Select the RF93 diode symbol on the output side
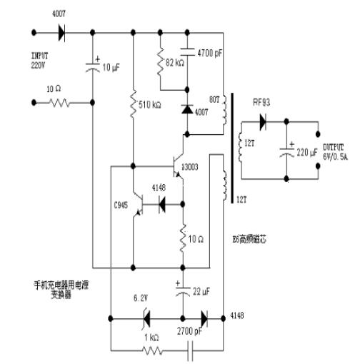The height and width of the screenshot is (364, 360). point(266,122)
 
